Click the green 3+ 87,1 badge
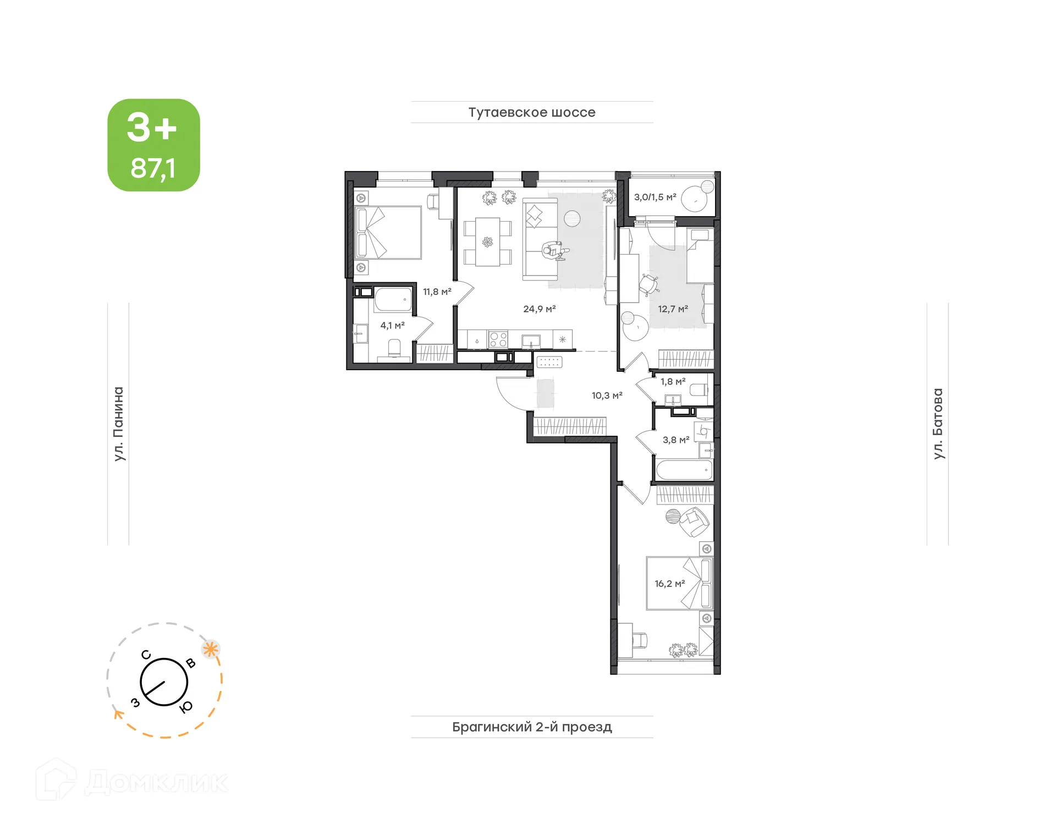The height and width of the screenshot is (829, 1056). [x=153, y=145]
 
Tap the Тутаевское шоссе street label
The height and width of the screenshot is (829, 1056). [x=531, y=112]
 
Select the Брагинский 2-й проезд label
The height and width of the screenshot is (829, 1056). [x=531, y=727]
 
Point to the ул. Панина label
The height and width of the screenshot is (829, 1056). [x=118, y=424]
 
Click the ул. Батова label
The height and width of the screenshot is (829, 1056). [x=938, y=424]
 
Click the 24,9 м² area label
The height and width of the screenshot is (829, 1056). [x=539, y=309]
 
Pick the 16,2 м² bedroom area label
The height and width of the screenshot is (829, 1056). [x=669, y=584]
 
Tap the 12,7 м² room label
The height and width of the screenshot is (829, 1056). [x=673, y=309]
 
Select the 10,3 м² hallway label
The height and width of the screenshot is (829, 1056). [x=607, y=396]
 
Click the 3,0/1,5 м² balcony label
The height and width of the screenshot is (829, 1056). [x=654, y=197]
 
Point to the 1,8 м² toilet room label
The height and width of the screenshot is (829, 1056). [x=673, y=382]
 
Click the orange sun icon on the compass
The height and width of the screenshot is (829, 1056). [x=210, y=649]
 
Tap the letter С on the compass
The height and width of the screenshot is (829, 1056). [x=146, y=655]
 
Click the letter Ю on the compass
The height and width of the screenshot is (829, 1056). [x=186, y=707]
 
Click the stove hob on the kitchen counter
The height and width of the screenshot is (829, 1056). [x=498, y=339]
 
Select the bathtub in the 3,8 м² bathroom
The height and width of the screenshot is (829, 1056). [x=684, y=471]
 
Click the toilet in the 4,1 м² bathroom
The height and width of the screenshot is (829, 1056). [x=394, y=348]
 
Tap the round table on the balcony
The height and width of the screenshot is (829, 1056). [x=694, y=199]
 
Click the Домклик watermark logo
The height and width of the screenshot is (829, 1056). [x=132, y=781]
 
